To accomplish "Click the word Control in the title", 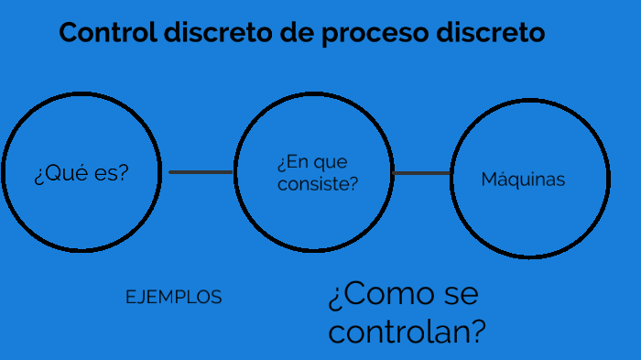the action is [x=106, y=33].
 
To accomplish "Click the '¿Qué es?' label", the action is [x=81, y=173].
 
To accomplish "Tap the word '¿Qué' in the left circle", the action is [x=61, y=173].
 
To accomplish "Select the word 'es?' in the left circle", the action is [x=111, y=173].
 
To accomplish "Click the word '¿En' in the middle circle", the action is [x=291, y=163].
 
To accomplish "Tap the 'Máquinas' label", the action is [x=523, y=180].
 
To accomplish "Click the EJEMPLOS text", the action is [x=173, y=298].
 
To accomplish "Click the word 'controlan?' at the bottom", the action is [x=407, y=331].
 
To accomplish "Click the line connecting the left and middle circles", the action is [x=201, y=171].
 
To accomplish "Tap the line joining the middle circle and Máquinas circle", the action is [x=422, y=172].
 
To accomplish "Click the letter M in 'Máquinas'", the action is [x=489, y=180].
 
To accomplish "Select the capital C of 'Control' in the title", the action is [x=69, y=33].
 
